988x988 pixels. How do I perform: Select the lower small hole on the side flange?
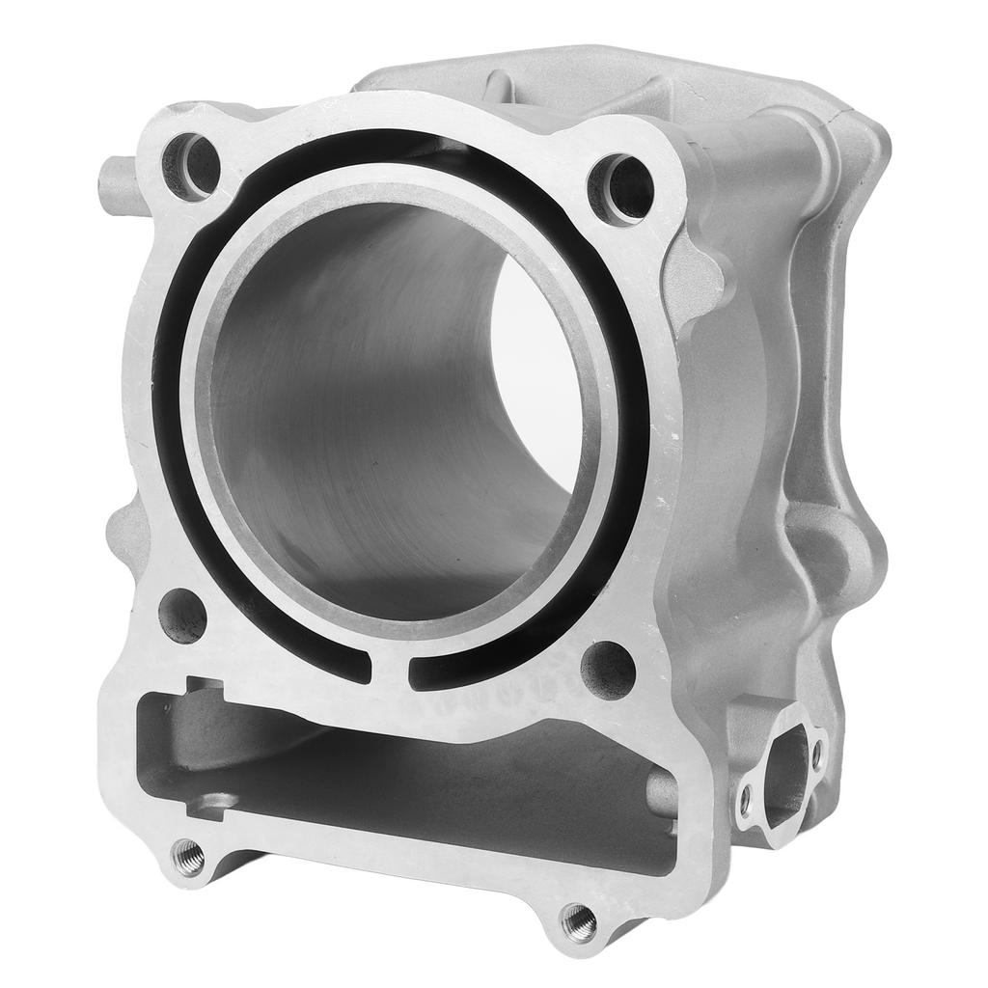tap(745, 798)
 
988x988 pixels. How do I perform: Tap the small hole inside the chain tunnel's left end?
tap(218, 801)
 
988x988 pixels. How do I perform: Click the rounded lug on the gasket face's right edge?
tap(702, 265)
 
